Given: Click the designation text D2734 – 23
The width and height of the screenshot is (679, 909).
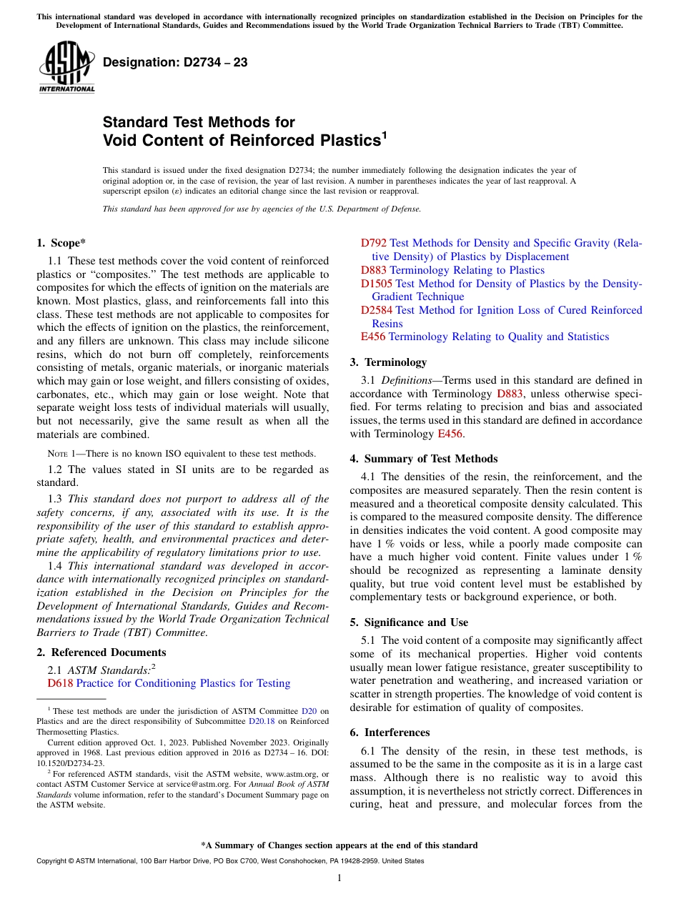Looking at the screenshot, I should pos(175,62).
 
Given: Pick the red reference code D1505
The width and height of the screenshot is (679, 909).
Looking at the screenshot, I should pos(377,284).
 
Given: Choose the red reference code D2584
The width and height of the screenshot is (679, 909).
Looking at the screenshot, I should pos(377,310).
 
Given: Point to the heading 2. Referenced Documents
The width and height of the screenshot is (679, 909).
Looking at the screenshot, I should pos(101,652).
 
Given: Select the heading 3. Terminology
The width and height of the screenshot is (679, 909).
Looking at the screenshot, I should pos(388,362).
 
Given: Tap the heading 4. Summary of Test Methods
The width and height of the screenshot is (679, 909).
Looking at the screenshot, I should pos(423,459).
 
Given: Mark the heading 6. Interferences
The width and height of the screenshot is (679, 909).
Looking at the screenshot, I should pos(390,732).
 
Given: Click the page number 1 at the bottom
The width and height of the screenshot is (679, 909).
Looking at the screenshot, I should pos(339,878).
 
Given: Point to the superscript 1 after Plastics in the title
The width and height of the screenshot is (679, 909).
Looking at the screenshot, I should pos(384,134).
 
